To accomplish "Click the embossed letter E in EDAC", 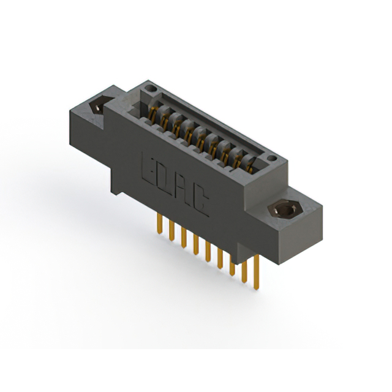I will [x=150, y=167].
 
